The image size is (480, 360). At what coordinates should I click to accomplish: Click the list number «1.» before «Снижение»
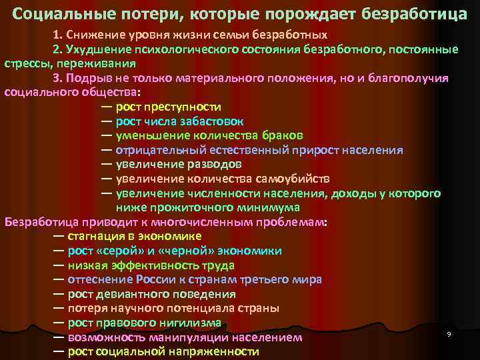click(58, 34)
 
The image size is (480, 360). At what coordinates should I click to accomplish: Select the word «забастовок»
click(211, 121)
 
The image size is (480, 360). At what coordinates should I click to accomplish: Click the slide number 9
click(449, 333)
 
